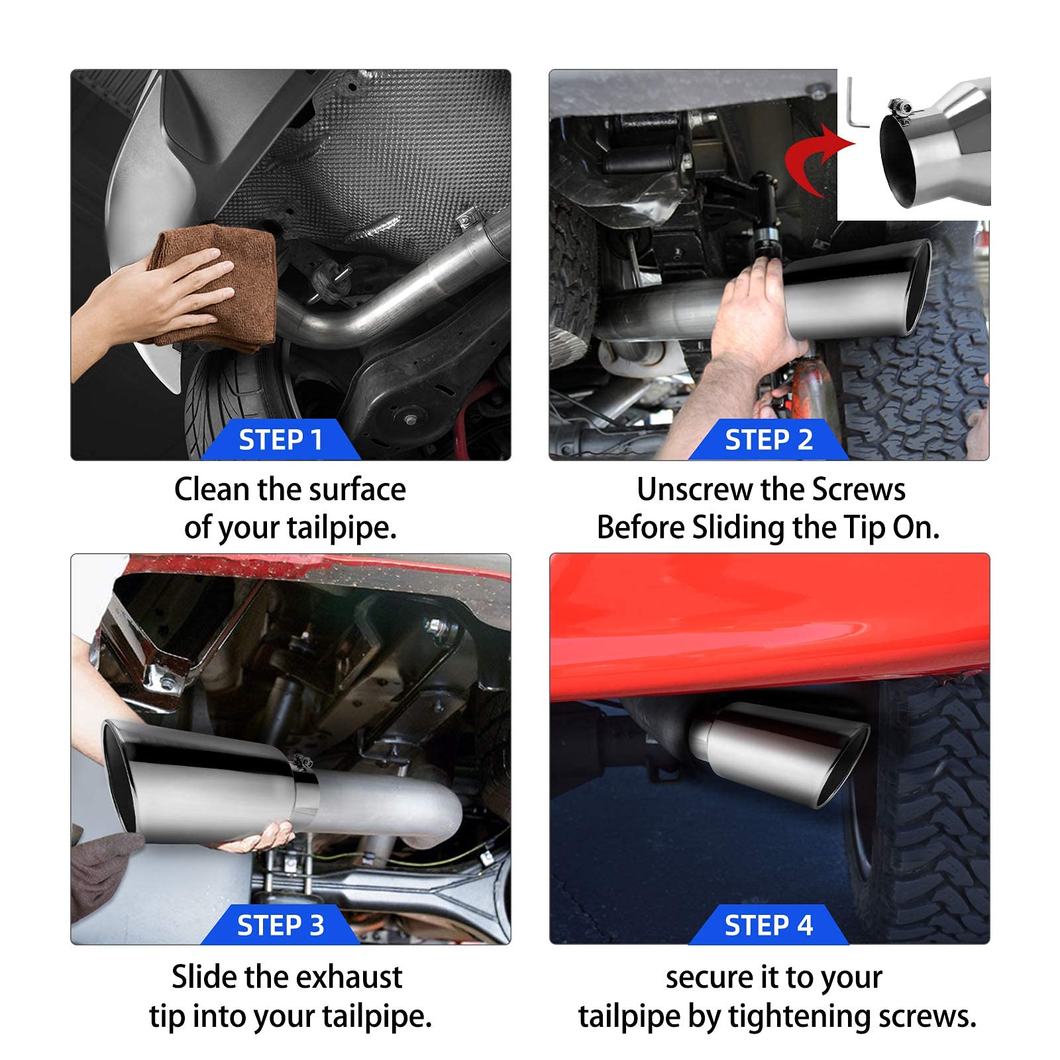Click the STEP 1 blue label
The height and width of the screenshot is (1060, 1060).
tap(280, 440)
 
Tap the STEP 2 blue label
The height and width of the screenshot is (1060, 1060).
tap(768, 440)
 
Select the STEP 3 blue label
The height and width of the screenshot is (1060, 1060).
tap(280, 925)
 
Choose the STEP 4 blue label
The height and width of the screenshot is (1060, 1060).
tap(768, 925)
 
